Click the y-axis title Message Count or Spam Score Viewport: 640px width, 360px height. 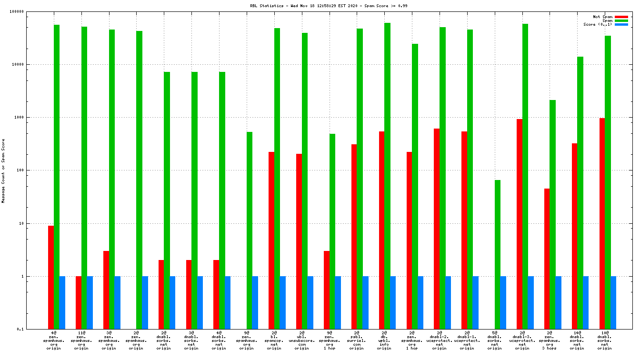[3, 171]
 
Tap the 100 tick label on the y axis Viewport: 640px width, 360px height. [33, 170]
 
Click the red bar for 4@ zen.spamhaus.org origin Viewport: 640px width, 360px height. [51, 277]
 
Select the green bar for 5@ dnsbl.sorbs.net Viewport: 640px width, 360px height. [498, 254]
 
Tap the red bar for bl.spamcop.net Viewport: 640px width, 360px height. [271, 240]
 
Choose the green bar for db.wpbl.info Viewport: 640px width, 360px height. [388, 176]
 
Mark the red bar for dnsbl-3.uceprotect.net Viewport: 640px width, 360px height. [520, 224]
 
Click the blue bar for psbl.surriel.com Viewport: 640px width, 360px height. [365, 302]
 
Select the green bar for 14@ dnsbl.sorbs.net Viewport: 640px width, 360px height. [580, 193]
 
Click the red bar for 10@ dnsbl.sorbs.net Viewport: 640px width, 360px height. [602, 223]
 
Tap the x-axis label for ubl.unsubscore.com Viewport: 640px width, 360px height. [301, 340]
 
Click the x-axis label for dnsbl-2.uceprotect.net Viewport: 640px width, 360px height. [440, 340]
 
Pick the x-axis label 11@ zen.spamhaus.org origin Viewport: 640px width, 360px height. [81, 340]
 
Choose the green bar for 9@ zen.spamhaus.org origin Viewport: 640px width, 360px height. [250, 230]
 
